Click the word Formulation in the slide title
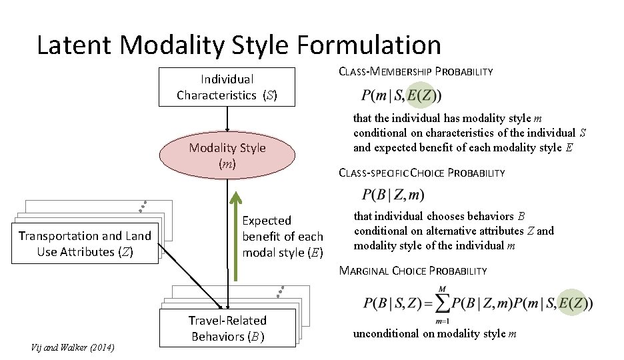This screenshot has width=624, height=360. point(369,45)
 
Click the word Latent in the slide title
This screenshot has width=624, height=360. point(77,45)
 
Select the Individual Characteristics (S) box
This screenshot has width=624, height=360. point(227,87)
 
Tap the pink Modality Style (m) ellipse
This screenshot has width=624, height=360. point(227,155)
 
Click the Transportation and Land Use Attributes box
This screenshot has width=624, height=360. point(85,243)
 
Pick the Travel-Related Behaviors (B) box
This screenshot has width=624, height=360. point(227,328)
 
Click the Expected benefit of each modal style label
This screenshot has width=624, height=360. point(282,237)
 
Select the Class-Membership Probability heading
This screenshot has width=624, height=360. point(416,71)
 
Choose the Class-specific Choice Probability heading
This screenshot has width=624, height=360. point(422,173)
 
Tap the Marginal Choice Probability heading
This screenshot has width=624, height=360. point(413,271)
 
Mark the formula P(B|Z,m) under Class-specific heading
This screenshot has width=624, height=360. point(393,195)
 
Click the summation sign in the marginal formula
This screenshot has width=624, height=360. point(441,303)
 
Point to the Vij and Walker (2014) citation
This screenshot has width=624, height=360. point(73,348)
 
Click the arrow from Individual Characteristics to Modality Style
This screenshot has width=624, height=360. point(227,119)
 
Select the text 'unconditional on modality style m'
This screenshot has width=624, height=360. point(435,333)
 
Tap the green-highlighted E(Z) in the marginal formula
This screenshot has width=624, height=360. point(574,303)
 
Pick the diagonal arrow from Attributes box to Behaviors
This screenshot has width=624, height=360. point(193,277)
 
